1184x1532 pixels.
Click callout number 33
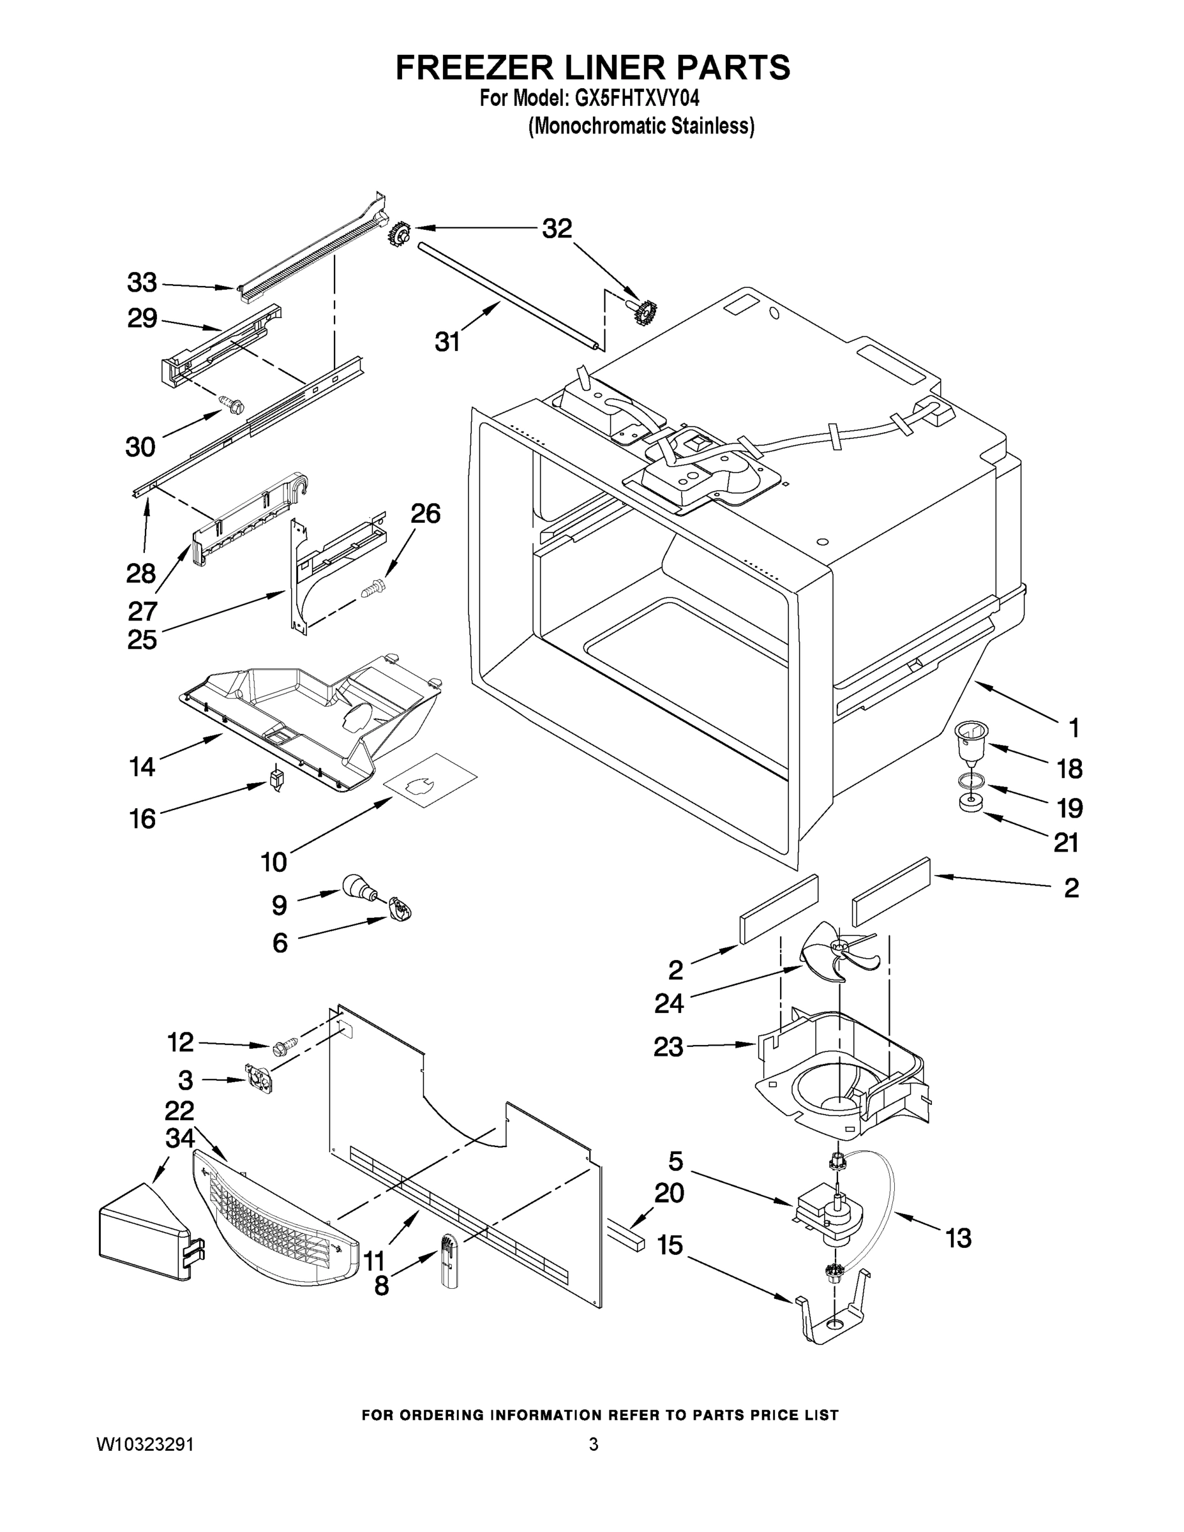[x=142, y=283]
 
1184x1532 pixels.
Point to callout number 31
[x=447, y=342]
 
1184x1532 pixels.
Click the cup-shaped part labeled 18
[x=971, y=744]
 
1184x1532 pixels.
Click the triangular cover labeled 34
[x=144, y=1229]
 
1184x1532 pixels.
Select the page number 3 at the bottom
[x=594, y=1445]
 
